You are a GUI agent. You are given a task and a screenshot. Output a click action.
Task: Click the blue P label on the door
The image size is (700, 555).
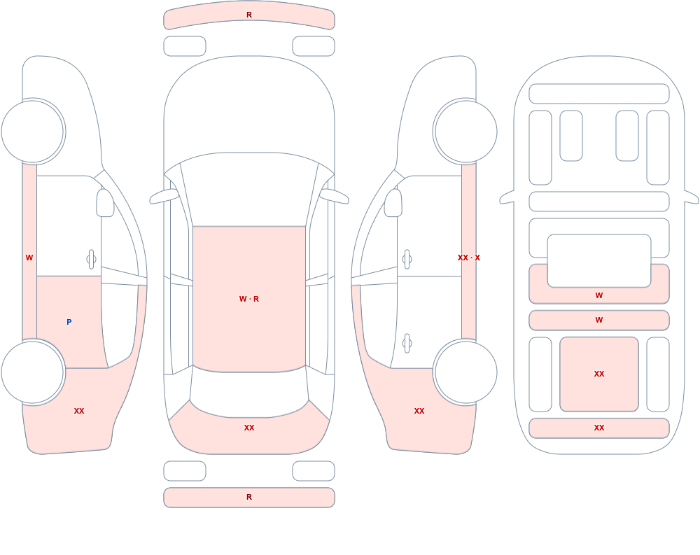tap(69, 322)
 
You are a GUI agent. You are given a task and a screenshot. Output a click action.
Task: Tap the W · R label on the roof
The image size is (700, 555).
tap(249, 299)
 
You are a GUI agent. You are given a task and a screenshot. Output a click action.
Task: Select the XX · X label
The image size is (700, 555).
tap(469, 258)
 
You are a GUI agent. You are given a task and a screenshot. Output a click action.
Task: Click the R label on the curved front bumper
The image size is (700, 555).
tap(249, 15)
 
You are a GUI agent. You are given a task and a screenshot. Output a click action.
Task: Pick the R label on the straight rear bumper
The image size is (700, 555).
tap(249, 497)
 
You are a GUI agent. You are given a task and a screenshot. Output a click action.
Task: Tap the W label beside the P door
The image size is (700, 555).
tap(29, 258)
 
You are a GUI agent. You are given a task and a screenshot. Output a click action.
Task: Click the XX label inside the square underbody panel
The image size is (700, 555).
tap(599, 374)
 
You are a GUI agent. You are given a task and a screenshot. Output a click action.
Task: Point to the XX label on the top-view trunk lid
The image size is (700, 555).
tap(249, 428)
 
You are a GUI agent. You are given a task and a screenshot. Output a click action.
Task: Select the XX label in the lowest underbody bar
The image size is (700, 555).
tap(599, 428)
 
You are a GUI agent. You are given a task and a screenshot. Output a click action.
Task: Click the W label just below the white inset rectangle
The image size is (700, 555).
tap(599, 295)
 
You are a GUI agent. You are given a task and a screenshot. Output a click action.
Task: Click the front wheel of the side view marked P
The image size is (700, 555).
tap(33, 132)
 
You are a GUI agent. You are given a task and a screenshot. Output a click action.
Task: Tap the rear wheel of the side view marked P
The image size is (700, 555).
tap(33, 372)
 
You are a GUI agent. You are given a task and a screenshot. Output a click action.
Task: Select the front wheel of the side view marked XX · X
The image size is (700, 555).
tap(465, 132)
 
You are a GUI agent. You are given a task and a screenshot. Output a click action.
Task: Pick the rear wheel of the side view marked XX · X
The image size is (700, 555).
tap(465, 372)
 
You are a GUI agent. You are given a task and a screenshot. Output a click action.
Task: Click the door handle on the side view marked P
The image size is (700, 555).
tap(91, 260)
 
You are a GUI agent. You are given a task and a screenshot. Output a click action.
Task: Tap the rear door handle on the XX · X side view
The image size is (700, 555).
tap(407, 344)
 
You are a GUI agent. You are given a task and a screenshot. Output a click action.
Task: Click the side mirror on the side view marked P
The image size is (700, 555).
tap(105, 203)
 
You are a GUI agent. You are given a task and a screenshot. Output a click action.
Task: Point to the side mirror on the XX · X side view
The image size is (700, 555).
tap(393, 203)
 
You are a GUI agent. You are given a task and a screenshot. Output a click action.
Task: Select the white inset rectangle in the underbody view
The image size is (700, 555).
tap(599, 261)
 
